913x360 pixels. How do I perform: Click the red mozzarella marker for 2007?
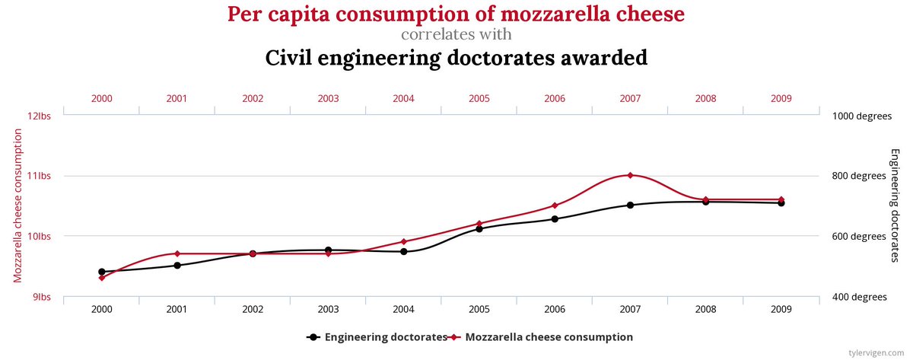pyautogui.click(x=630, y=175)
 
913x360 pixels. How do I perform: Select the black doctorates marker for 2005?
pyautogui.click(x=479, y=228)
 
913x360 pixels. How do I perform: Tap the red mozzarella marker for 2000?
pyautogui.click(x=101, y=278)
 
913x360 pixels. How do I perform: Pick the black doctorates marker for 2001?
pyautogui.click(x=177, y=266)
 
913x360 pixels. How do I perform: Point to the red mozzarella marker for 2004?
pyautogui.click(x=403, y=242)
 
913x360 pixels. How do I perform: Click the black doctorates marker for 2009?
pyautogui.click(x=781, y=203)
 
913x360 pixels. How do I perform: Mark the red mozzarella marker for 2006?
pyautogui.click(x=555, y=205)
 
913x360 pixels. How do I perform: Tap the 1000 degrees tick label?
pyautogui.click(x=862, y=116)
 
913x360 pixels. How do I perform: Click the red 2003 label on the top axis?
pyautogui.click(x=328, y=98)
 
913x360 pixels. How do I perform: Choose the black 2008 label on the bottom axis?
pyautogui.click(x=705, y=310)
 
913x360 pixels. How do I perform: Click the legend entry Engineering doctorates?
pyautogui.click(x=385, y=336)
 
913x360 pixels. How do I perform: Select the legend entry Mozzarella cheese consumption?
pyautogui.click(x=548, y=336)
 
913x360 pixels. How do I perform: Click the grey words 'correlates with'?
pyautogui.click(x=456, y=35)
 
